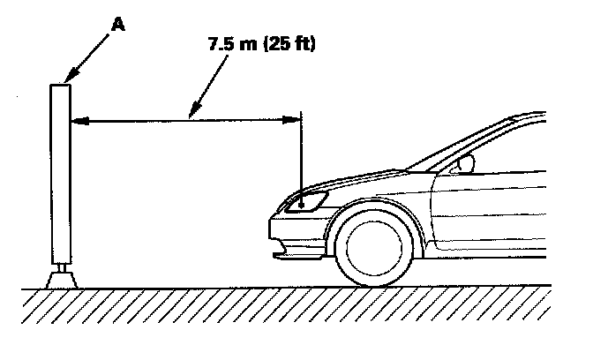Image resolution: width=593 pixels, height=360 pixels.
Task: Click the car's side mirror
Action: [x=464, y=164]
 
